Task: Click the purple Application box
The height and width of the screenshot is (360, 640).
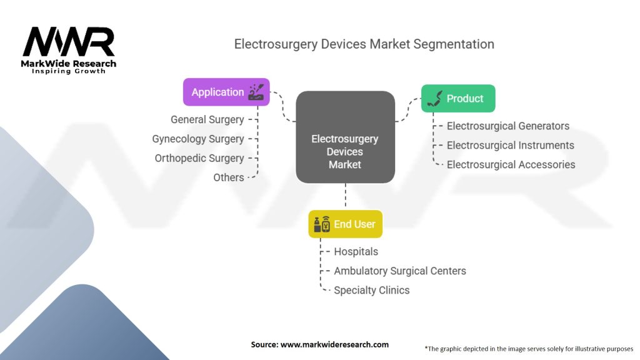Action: pyautogui.click(x=226, y=92)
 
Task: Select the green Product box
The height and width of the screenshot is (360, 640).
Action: pyautogui.click(x=457, y=98)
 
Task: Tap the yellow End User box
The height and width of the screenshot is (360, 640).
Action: pyautogui.click(x=345, y=224)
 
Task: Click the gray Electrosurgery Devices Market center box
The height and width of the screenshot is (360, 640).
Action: pyautogui.click(x=345, y=137)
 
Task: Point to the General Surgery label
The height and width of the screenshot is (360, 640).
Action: pyautogui.click(x=207, y=119)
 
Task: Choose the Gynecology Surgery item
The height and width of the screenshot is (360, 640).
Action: pyautogui.click(x=198, y=139)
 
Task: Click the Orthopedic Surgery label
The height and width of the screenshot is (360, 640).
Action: pyautogui.click(x=199, y=158)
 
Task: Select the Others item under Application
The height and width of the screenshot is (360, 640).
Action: pyautogui.click(x=228, y=177)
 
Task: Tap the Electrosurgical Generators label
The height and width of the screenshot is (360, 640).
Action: pyautogui.click(x=507, y=126)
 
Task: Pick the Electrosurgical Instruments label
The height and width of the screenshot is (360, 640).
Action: pyautogui.click(x=510, y=145)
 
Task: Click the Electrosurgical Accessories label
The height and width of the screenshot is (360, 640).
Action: pyautogui.click(x=511, y=164)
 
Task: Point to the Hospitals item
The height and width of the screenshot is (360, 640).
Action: pyautogui.click(x=356, y=252)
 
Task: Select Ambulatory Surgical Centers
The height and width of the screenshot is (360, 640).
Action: pyautogui.click(x=399, y=271)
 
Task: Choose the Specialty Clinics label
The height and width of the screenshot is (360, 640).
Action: pyautogui.click(x=371, y=290)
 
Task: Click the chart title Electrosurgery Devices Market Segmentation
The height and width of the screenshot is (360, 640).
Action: pyautogui.click(x=364, y=44)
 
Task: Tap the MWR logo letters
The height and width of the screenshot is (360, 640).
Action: pyautogui.click(x=69, y=42)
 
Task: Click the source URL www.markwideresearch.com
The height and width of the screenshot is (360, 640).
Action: pyautogui.click(x=319, y=344)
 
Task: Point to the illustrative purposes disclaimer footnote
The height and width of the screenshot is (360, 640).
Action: pyautogui.click(x=529, y=348)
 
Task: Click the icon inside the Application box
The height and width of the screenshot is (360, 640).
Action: pyautogui.click(x=256, y=92)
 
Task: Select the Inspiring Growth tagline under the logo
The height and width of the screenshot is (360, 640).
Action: pyautogui.click(x=69, y=71)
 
